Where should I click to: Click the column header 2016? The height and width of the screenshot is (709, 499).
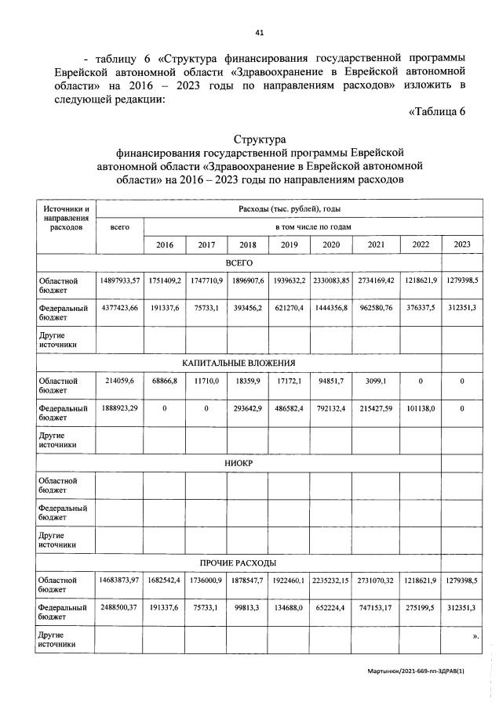click(165, 245)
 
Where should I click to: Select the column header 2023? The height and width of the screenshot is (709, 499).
click(462, 244)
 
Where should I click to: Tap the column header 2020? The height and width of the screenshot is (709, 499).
click(330, 245)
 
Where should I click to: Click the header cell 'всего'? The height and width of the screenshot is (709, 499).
click(119, 227)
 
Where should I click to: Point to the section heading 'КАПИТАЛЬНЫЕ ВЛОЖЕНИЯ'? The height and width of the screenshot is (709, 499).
click(249, 363)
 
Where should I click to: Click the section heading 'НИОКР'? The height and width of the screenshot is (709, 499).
click(249, 463)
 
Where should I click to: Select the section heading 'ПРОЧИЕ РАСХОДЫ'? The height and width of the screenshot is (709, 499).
click(249, 562)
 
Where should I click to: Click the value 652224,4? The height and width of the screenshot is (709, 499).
click(330, 608)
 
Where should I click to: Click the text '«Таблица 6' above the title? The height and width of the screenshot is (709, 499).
click(437, 110)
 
